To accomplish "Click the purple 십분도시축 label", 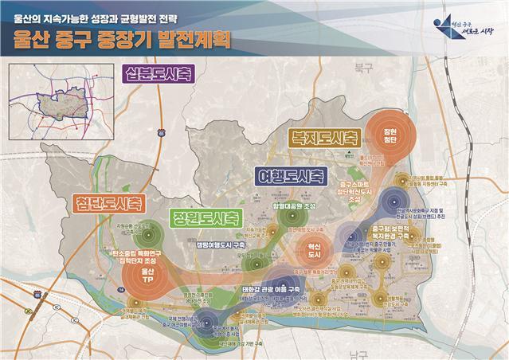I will pyautogui.click(x=159, y=76).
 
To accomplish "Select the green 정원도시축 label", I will pyautogui.click(x=205, y=217).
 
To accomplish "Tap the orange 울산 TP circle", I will pyautogui.click(x=145, y=280).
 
